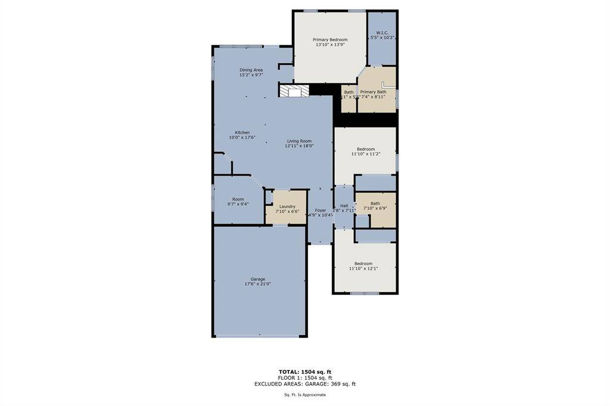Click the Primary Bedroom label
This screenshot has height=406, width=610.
pyautogui.click(x=330, y=40)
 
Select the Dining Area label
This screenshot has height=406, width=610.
pyautogui.click(x=251, y=70)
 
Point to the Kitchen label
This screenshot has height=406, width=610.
pyautogui.click(x=242, y=133)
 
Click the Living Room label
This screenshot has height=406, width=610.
pyautogui.click(x=299, y=141)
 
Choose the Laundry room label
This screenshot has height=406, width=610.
pyautogui.click(x=287, y=207)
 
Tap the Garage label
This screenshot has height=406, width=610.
pyautogui.click(x=257, y=279)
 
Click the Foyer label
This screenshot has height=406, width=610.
pyautogui.click(x=320, y=210)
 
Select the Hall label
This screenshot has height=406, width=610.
pyautogui.click(x=344, y=205)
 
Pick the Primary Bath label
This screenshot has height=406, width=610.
pyautogui.click(x=373, y=92)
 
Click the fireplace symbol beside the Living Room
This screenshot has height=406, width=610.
pyautogui.click(x=294, y=91)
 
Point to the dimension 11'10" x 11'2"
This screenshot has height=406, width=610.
pyautogui.click(x=365, y=154)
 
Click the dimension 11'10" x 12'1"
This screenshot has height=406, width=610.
pyautogui.click(x=363, y=268)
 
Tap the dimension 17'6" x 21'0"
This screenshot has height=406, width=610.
pyautogui.click(x=257, y=284)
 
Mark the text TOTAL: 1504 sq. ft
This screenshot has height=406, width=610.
pyautogui.click(x=305, y=372)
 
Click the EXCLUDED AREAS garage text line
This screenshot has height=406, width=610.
pyautogui.click(x=305, y=384)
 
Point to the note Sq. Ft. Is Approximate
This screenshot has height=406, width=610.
pyautogui.click(x=305, y=395)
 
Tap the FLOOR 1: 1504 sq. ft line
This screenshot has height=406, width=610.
pyautogui.click(x=305, y=378)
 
